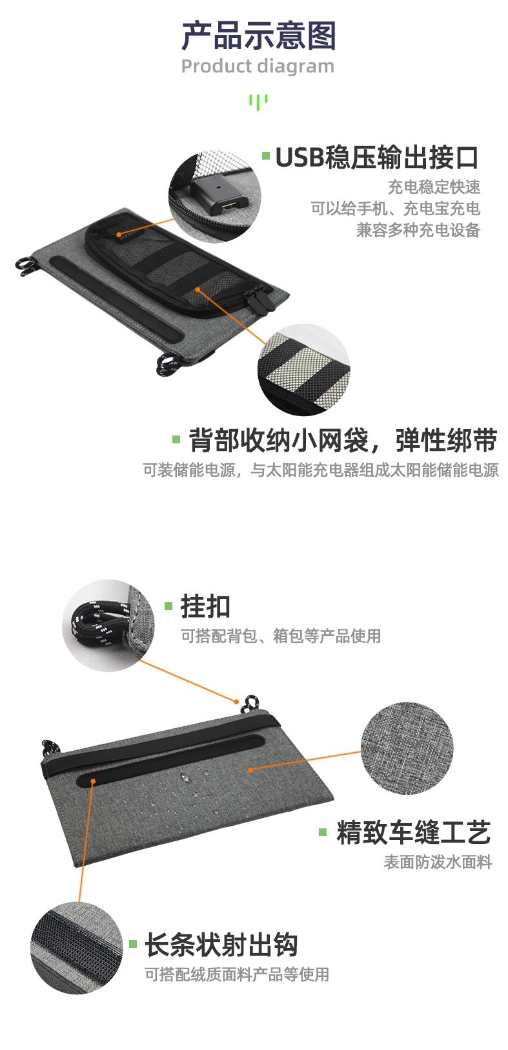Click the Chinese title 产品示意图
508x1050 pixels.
(x=258, y=36)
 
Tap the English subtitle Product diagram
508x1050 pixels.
(x=258, y=67)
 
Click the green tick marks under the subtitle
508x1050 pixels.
(x=258, y=101)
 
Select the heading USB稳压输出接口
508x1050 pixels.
(x=376, y=158)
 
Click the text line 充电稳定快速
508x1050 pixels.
(x=434, y=187)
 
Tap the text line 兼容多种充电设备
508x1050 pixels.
(x=418, y=230)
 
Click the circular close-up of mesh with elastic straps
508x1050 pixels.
(x=304, y=370)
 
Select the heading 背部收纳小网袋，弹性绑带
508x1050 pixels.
(x=343, y=440)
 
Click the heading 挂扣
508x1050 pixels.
(x=205, y=607)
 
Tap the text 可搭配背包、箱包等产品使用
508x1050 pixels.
(x=281, y=636)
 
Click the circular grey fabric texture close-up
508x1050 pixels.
(x=407, y=748)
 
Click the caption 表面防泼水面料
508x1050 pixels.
(x=438, y=862)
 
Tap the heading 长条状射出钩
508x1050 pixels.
(x=221, y=944)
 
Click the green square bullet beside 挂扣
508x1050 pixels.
(x=168, y=606)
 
